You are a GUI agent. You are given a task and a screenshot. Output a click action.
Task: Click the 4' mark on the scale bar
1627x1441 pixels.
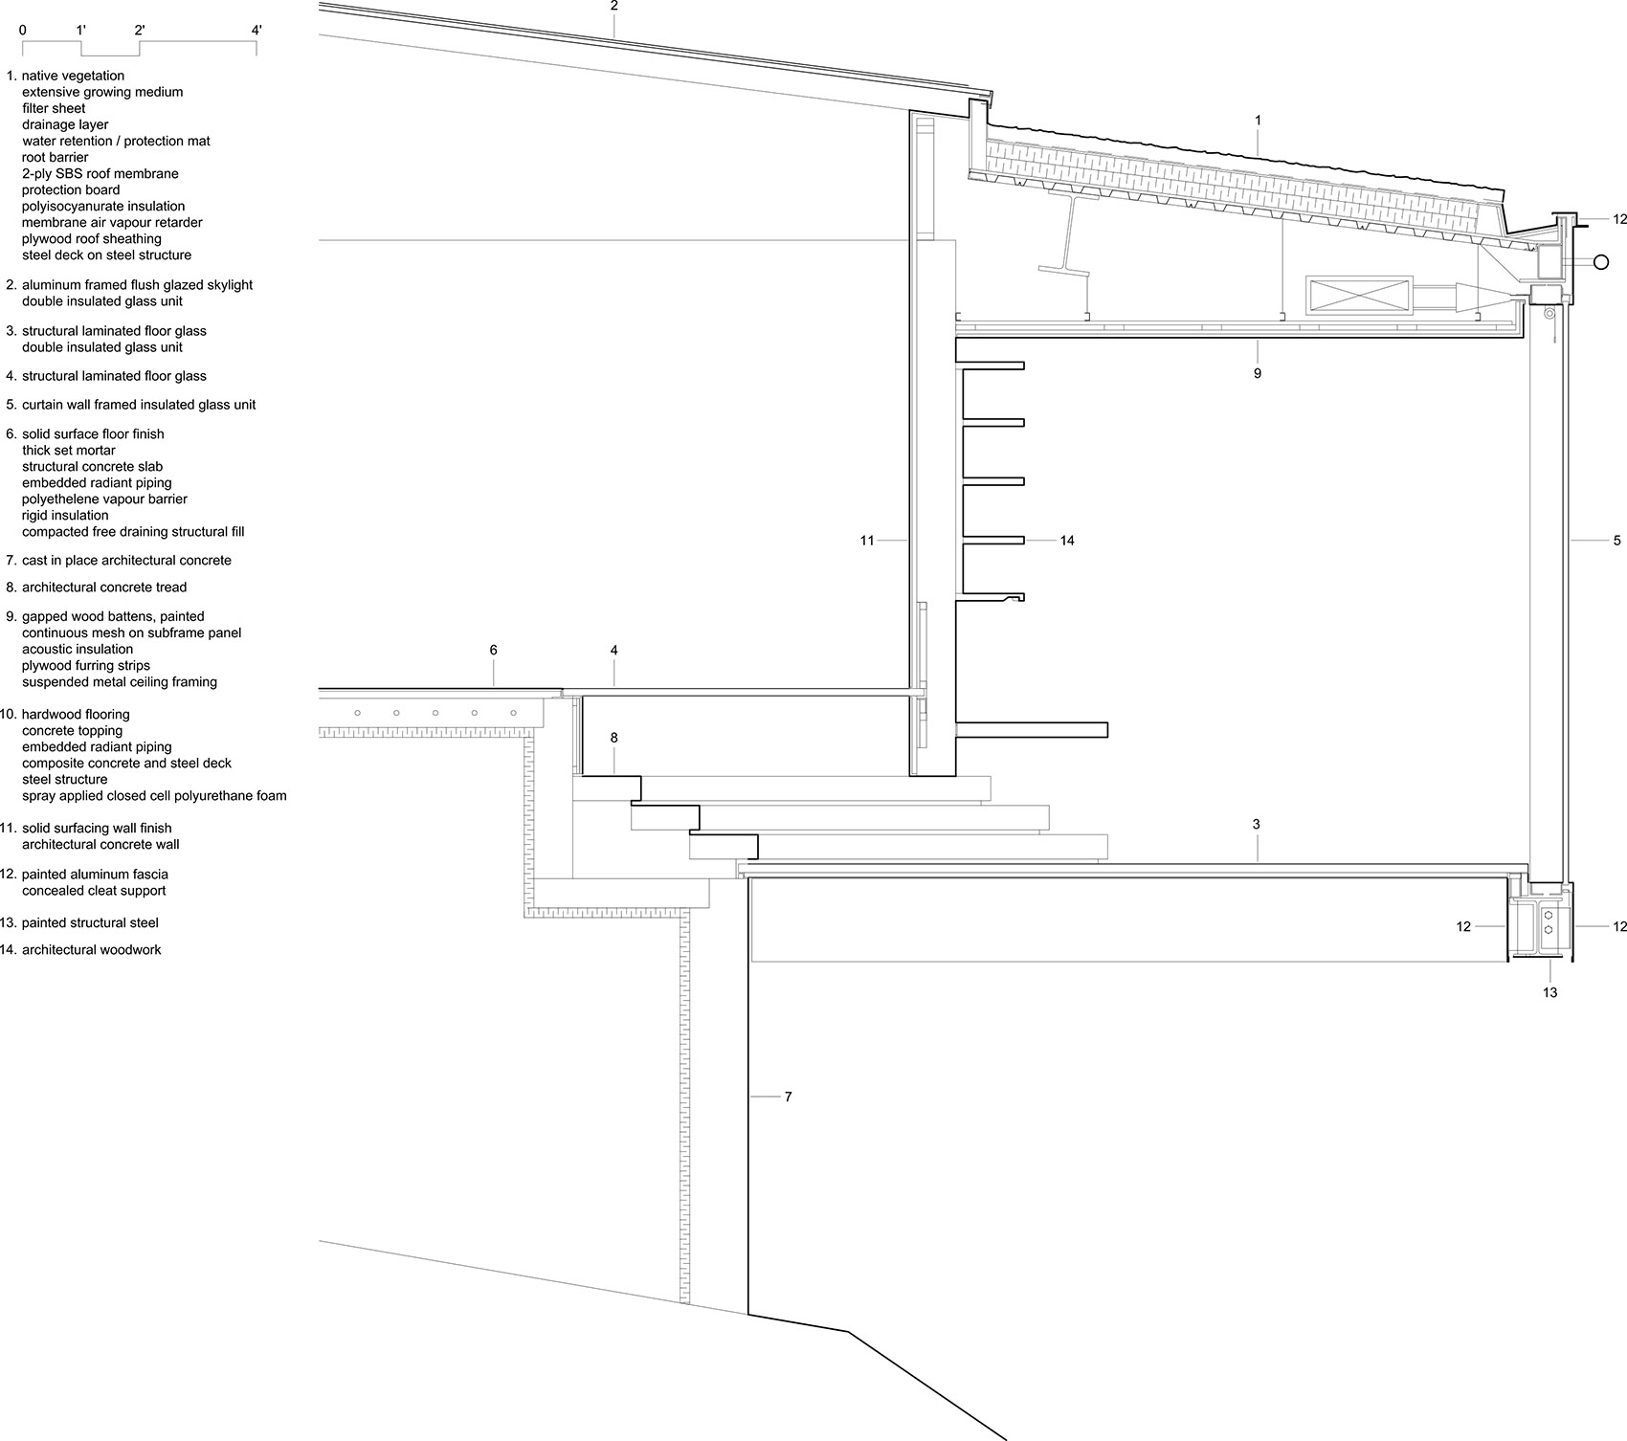click(256, 31)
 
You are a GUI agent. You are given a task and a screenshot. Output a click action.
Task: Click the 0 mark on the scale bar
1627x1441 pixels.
click(22, 31)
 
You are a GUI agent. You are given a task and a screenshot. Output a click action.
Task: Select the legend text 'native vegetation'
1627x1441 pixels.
click(73, 76)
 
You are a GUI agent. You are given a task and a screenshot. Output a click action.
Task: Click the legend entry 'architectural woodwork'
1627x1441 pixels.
click(91, 950)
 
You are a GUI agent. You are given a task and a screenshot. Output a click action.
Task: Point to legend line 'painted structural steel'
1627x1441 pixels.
click(90, 923)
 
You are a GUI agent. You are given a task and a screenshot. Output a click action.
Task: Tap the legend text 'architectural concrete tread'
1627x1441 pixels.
click(104, 587)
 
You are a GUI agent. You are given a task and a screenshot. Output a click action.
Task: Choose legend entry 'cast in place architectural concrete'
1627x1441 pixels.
click(126, 561)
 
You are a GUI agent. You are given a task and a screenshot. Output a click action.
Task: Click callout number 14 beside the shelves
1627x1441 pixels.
click(1067, 541)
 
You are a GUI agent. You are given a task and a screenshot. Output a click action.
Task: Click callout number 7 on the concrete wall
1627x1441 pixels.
click(789, 1097)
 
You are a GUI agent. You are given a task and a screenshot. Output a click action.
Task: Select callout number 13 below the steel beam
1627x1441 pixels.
click(1549, 993)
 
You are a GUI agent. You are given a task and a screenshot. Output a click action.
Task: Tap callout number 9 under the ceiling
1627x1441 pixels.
click(1258, 373)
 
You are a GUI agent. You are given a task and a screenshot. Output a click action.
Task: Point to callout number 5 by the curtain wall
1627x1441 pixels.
click(1617, 541)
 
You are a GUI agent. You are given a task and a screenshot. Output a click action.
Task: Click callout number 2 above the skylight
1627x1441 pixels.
click(614, 6)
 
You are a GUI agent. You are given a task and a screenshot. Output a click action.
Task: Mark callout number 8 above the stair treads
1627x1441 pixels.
click(614, 738)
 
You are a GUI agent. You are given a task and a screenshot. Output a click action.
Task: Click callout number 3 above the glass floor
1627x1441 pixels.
click(1257, 825)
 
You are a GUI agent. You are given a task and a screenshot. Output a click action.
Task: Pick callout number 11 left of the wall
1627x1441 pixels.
click(867, 541)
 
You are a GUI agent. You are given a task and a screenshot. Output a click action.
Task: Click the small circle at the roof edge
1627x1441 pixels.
click(1600, 262)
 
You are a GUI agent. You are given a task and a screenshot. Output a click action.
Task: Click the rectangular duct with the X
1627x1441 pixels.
click(1359, 295)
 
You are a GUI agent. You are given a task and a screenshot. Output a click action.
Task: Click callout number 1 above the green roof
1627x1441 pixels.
click(1258, 121)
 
